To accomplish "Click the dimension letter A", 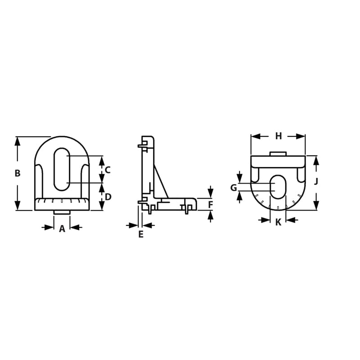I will click(62, 229).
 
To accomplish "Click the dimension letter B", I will click(18, 173).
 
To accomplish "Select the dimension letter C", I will click(108, 170).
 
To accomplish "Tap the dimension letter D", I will click(108, 197).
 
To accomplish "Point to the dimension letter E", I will click(140, 234).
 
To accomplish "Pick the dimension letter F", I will click(211, 205).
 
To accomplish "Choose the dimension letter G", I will click(234, 188).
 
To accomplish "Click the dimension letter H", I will click(278, 136).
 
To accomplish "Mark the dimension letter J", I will click(316, 182).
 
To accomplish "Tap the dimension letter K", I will click(278, 222).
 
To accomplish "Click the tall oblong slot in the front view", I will click(62, 169).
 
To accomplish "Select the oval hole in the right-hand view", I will click(278, 186).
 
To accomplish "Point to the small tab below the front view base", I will click(62, 212).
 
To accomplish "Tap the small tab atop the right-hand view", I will click(278, 153).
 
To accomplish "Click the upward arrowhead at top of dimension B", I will click(18, 141).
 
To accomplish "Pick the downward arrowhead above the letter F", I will click(211, 193).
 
